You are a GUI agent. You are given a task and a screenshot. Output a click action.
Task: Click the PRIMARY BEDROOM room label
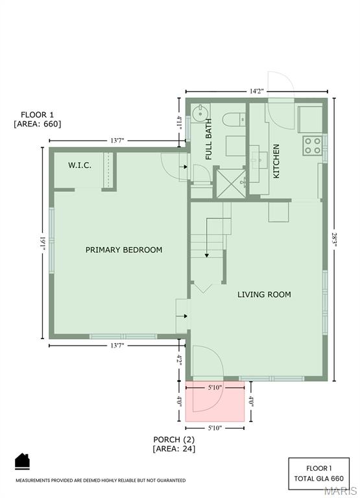tap(124, 250)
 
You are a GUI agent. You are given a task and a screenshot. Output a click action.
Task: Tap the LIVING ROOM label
tap(264, 294)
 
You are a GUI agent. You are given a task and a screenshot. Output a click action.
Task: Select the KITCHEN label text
tap(276, 161)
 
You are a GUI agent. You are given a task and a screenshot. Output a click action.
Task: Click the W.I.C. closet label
tap(80, 165)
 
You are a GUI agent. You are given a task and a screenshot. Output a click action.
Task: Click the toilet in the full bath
tap(232, 118)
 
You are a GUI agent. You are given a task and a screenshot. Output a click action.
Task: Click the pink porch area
tap(215, 402)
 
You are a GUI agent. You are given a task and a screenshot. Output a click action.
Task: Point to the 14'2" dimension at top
tap(256, 91)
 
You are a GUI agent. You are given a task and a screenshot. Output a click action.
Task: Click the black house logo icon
tap(22, 461)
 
